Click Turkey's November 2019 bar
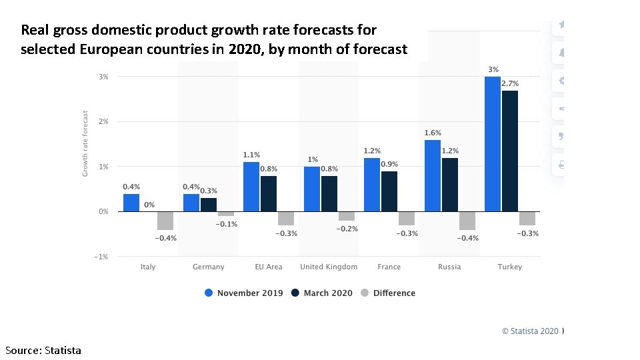493,144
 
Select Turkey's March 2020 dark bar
510,151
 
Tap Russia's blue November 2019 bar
432,175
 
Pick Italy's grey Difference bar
165,221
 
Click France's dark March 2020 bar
389,191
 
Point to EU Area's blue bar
251,187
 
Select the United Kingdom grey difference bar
347,216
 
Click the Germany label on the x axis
209,267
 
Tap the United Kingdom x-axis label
329,267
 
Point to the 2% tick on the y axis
104,122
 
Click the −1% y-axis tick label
103,257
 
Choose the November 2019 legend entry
244,293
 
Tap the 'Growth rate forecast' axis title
85,144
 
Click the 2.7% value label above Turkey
510,84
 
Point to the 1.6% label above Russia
433,133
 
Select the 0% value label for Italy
150,205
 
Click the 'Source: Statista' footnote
43,350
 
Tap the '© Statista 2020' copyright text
530,331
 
